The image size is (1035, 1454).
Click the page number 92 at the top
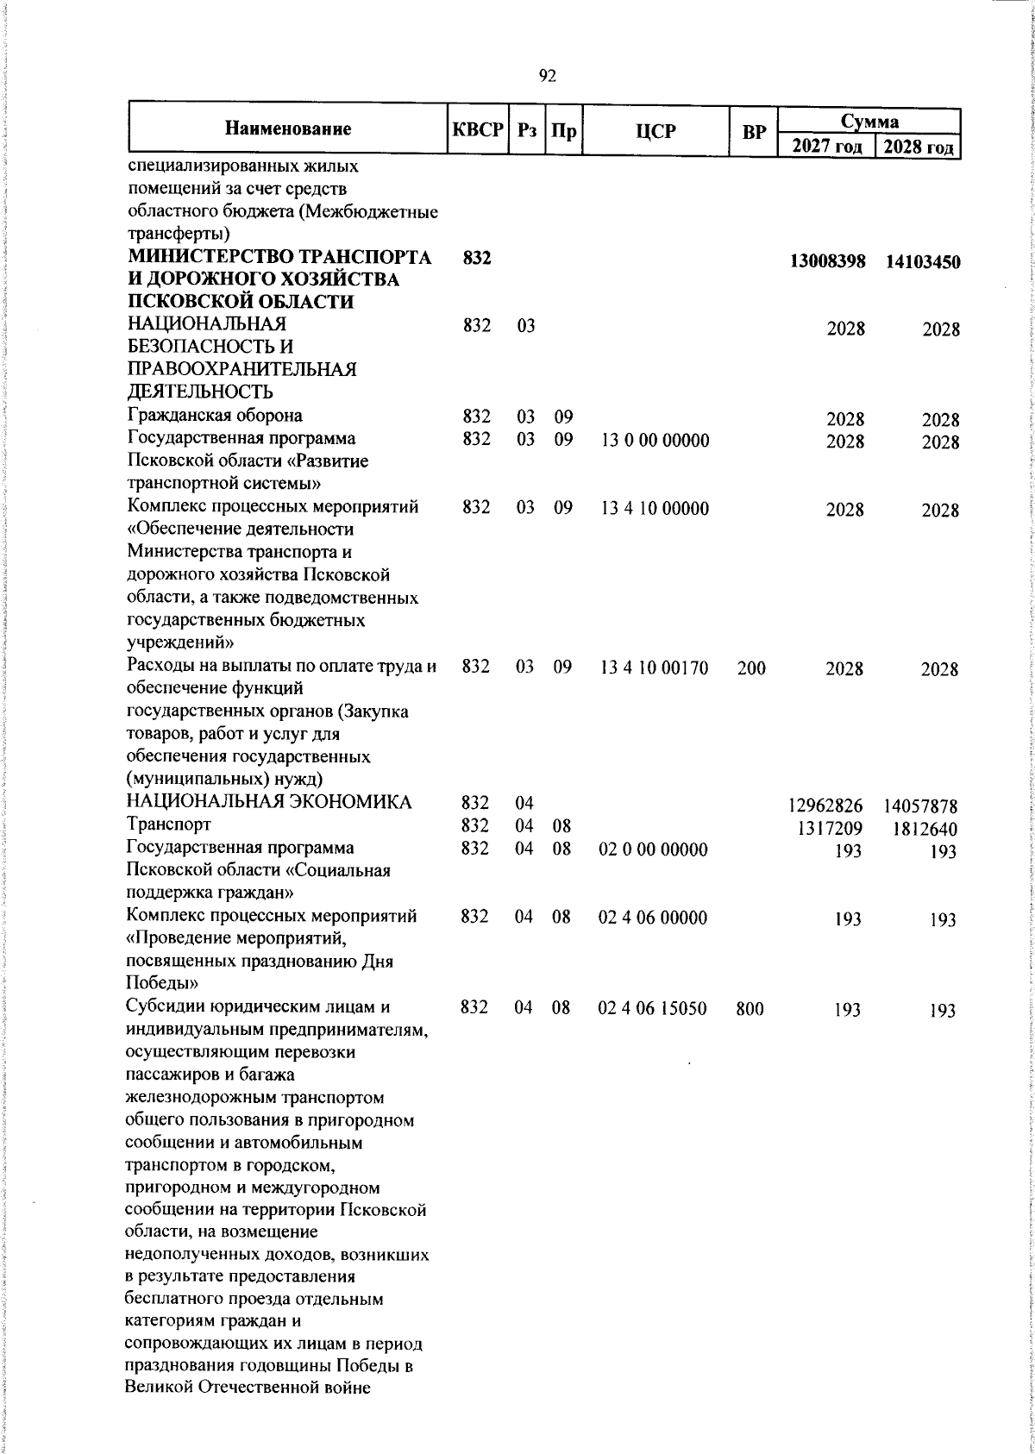[547, 76]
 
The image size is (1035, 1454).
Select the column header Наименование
[288, 130]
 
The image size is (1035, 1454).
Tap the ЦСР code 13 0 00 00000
[655, 441]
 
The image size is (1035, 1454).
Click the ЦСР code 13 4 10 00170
[655, 667]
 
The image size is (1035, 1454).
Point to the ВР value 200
[751, 667]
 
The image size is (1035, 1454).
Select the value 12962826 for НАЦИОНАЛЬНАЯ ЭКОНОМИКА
[825, 807]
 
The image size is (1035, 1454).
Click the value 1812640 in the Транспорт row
[922, 830]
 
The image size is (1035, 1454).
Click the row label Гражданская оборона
[215, 417]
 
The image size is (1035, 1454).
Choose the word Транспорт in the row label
[168, 825]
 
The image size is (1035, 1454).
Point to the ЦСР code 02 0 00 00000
[653, 849]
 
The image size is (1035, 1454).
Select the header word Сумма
[869, 121]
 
